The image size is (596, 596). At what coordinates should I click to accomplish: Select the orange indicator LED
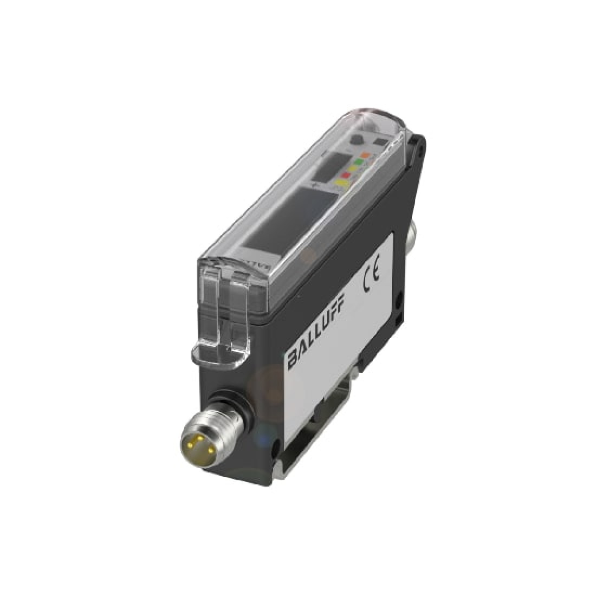click(x=366, y=155)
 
